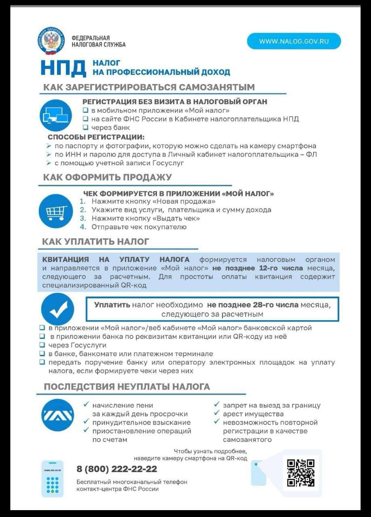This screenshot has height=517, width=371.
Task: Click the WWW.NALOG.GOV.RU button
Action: click(294, 41)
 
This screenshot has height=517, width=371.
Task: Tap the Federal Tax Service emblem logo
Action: click(51, 41)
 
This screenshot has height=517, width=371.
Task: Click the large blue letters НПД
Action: click(63, 67)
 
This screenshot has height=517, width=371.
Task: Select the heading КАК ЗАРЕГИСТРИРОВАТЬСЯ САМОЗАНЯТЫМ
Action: click(149, 87)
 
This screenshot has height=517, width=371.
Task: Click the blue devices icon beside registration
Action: click(55, 115)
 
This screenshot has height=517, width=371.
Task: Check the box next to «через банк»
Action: click(85, 128)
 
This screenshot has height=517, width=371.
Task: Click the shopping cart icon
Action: click(55, 210)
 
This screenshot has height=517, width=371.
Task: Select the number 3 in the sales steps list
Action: click(83, 219)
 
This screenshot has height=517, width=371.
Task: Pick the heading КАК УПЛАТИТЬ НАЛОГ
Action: click(96, 242)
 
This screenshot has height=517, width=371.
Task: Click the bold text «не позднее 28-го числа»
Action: click(253, 305)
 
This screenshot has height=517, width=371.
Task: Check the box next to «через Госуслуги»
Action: click(42, 345)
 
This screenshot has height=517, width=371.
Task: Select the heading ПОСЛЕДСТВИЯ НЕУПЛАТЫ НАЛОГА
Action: click(127, 387)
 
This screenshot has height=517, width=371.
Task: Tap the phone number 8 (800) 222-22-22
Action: click(117, 469)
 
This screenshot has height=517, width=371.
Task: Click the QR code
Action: click(301, 473)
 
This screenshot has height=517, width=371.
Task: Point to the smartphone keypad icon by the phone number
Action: click(53, 479)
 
